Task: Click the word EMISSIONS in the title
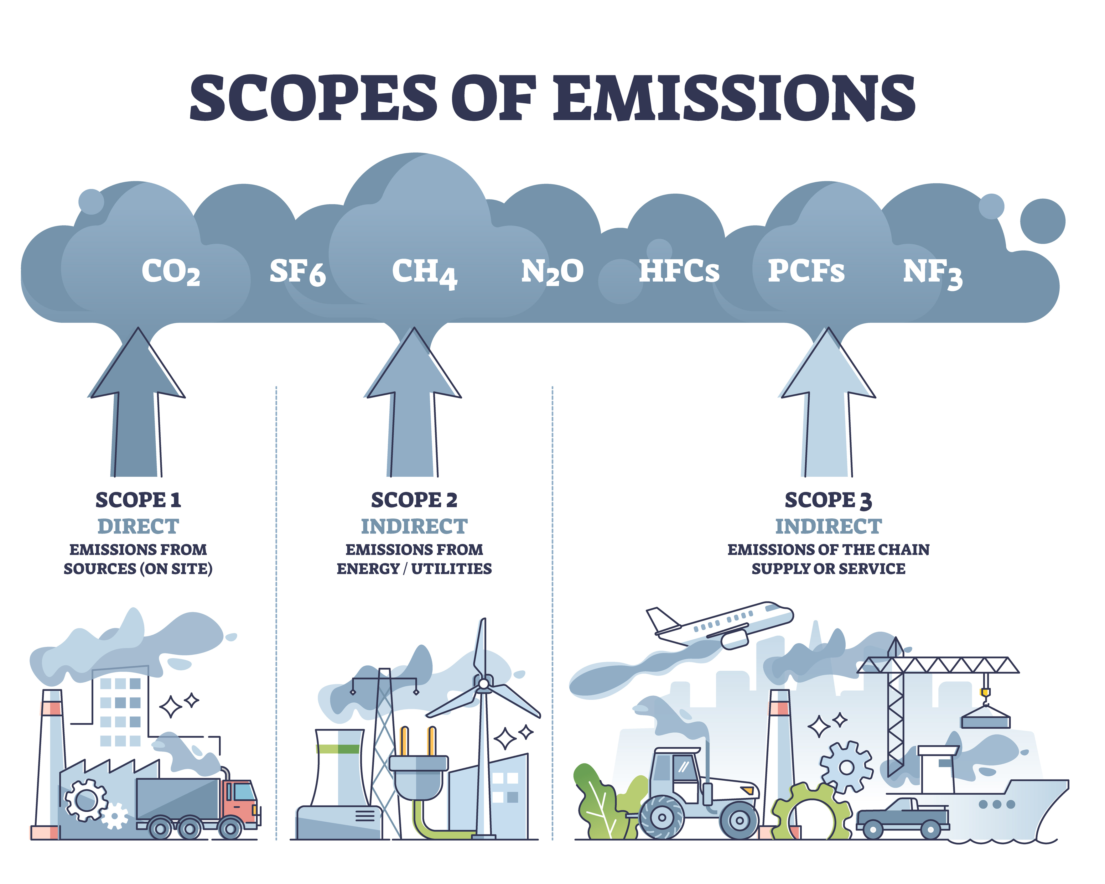pos(734,97)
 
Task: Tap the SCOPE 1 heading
pos(138,500)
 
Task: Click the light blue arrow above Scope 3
pos(828,405)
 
